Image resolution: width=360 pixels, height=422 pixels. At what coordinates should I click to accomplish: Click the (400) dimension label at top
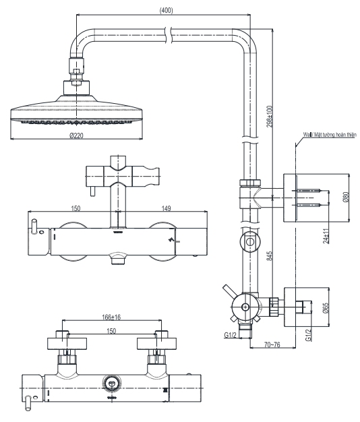pyautogui.click(x=167, y=10)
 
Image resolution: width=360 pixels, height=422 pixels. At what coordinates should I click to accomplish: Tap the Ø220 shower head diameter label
pyautogui.click(x=76, y=135)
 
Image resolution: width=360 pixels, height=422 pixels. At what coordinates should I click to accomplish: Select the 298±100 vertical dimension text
pyautogui.click(x=270, y=116)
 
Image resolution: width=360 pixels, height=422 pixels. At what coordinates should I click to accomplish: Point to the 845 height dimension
pyautogui.click(x=270, y=255)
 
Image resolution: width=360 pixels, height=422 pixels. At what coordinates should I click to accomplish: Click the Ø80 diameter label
pyautogui.click(x=346, y=197)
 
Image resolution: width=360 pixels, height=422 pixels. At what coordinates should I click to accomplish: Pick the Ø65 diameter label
pyautogui.click(x=326, y=307)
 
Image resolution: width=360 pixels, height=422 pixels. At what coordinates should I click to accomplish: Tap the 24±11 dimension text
pyautogui.click(x=326, y=236)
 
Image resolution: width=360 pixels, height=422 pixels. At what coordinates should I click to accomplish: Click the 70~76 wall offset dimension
pyautogui.click(x=272, y=344)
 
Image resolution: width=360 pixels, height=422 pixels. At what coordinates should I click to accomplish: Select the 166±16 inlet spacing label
pyautogui.click(x=111, y=317)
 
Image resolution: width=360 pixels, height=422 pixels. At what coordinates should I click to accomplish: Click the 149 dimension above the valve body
pyautogui.click(x=166, y=208)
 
